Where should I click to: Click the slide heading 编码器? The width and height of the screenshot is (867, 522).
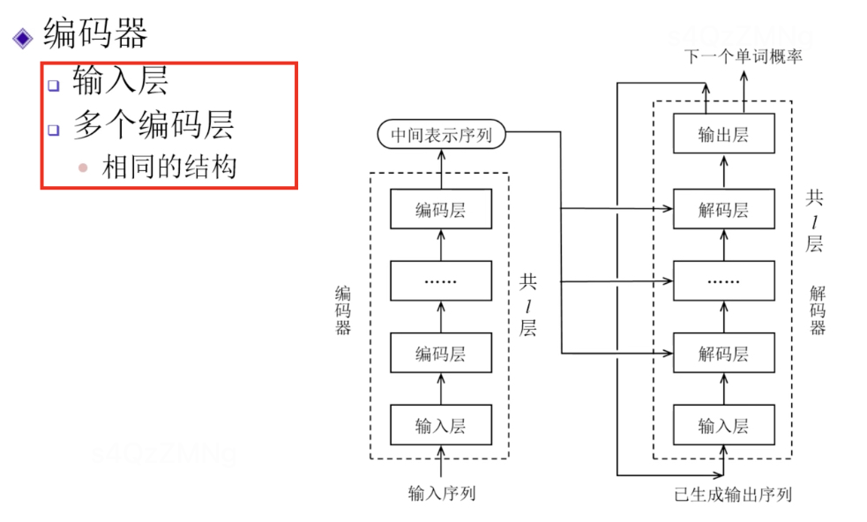tap(95, 34)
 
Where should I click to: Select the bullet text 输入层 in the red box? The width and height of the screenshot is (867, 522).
tap(120, 82)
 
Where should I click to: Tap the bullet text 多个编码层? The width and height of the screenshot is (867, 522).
tap(153, 125)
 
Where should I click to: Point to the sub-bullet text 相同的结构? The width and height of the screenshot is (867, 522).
tap(169, 167)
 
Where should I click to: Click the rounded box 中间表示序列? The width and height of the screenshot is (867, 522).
tap(440, 135)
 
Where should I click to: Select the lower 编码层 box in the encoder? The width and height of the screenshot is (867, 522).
tap(440, 354)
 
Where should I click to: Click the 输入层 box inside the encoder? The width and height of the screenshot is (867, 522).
tap(440, 426)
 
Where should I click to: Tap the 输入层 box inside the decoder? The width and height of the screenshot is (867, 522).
tap(723, 426)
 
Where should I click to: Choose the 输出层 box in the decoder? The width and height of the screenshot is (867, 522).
tap(723, 135)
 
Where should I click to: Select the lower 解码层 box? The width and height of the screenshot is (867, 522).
tap(723, 354)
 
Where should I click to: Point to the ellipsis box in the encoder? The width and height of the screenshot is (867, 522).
tap(440, 282)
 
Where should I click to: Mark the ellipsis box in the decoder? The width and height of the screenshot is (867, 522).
tap(723, 282)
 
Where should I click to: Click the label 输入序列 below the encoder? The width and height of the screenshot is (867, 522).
tap(441, 493)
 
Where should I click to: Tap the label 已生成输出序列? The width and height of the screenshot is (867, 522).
tap(732, 494)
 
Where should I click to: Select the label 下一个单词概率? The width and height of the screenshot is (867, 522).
tap(743, 56)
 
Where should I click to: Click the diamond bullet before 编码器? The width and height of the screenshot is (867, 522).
tap(21, 37)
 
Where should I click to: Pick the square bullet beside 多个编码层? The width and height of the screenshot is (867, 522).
tap(54, 129)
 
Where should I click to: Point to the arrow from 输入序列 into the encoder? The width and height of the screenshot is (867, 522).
tap(440, 465)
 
